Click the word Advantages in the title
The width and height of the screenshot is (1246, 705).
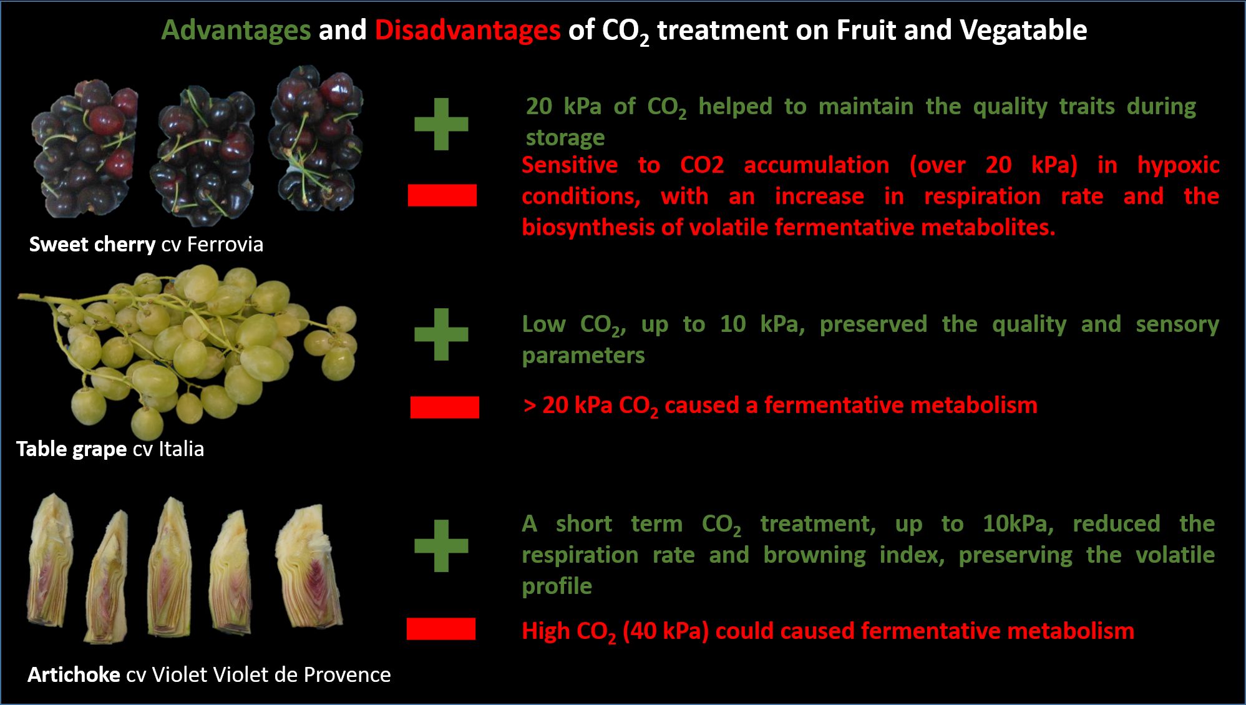pos(236,31)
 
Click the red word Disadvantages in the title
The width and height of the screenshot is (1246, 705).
pos(467,30)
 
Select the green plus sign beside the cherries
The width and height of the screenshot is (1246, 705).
pos(441,124)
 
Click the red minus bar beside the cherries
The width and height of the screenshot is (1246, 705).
pos(442,195)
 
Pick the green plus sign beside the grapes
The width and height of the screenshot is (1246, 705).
pos(441,334)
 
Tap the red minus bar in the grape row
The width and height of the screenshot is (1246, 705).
pos(444,407)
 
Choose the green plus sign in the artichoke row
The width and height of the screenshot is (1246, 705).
pos(441,545)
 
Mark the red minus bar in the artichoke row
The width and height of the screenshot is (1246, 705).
pos(440,629)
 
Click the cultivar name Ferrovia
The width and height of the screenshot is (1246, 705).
pos(225,244)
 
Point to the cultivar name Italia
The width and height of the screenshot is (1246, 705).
pos(181,449)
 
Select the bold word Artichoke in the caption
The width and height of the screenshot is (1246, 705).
pos(74,674)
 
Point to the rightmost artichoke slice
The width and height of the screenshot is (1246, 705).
pos(309,568)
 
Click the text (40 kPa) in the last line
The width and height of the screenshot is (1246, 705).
pos(665,631)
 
